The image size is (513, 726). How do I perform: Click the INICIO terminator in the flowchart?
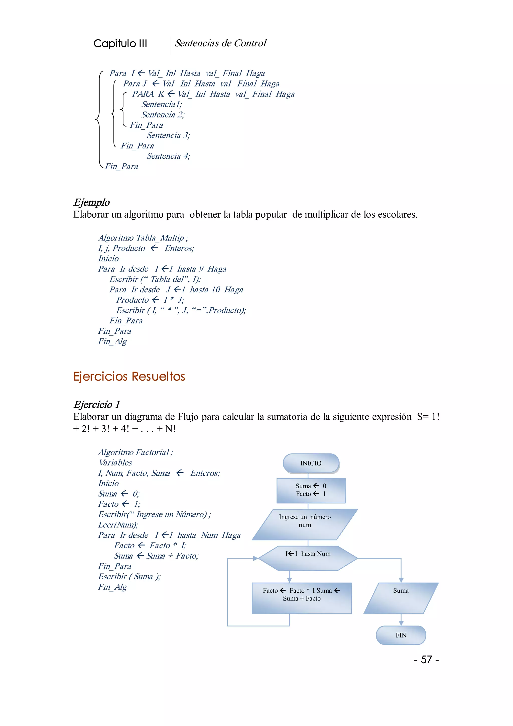click(x=311, y=463)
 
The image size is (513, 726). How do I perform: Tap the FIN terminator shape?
click(x=401, y=635)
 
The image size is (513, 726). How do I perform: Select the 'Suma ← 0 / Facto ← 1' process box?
click(x=311, y=490)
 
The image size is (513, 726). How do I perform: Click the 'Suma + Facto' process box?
click(x=301, y=598)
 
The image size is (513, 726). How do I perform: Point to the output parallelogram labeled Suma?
click(x=401, y=598)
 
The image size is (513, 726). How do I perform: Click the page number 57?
click(x=426, y=659)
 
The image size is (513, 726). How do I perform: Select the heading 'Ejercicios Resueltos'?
click(x=129, y=376)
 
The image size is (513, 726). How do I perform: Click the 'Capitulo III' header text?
click(x=120, y=43)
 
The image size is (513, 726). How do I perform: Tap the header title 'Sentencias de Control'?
click(x=220, y=43)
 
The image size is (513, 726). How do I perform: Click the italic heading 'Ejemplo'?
click(x=92, y=202)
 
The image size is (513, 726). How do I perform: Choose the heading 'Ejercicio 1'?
click(x=97, y=404)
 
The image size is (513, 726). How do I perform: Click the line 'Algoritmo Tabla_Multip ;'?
click(x=143, y=238)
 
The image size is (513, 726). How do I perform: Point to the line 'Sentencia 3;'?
click(x=169, y=135)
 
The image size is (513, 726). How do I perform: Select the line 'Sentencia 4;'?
click(x=169, y=156)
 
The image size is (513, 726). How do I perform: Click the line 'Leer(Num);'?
click(x=118, y=525)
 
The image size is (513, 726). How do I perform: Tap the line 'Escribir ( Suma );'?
click(x=129, y=576)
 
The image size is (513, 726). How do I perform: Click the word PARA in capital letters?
click(x=143, y=94)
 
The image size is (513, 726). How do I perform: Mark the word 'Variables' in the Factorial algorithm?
click(x=115, y=463)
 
